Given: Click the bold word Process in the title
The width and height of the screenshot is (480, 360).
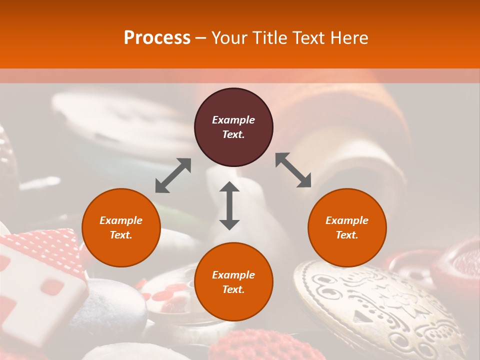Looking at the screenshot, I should (157, 37).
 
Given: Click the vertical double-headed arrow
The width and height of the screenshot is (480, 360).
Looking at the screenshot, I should (229, 205).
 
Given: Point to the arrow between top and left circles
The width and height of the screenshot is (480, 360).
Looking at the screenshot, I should (173, 175).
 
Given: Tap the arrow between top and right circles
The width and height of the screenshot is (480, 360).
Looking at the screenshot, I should (293, 170).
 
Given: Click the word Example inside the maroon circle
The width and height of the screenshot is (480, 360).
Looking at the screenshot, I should (233, 120).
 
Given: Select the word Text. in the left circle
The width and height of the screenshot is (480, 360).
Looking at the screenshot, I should (121, 235).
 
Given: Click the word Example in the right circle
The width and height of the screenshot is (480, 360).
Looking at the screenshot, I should (347, 220).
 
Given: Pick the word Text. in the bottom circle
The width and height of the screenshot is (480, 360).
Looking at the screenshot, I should (233, 289).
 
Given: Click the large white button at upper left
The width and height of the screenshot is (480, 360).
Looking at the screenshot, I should (115, 120).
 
